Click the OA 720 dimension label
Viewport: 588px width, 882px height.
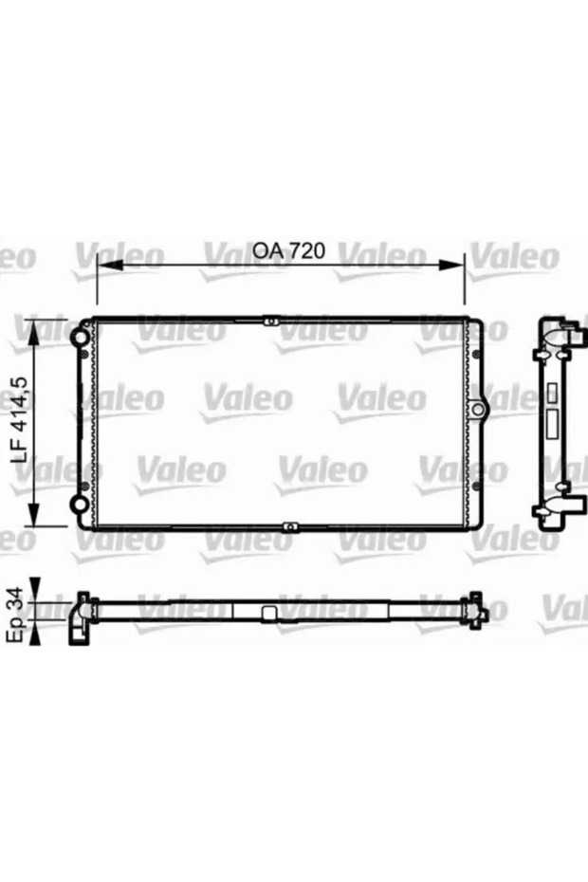289,251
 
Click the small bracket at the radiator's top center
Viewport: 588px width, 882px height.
272,322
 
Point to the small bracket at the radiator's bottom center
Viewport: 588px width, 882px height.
289,524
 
